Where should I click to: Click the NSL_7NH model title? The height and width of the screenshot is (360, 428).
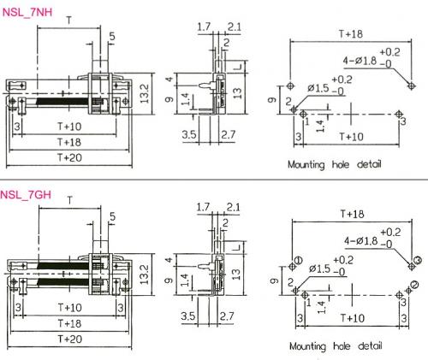click(27, 13)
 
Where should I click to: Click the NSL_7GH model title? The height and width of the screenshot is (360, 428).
click(26, 195)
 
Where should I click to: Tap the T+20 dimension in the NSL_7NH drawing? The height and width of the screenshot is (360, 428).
click(69, 157)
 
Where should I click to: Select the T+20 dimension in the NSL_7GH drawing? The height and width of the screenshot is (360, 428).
click(70, 339)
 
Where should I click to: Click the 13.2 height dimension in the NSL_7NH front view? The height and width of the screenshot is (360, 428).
click(146, 93)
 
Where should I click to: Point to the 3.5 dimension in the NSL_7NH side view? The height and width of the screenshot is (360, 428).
click(189, 134)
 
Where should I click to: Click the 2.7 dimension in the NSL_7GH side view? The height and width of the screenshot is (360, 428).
click(227, 316)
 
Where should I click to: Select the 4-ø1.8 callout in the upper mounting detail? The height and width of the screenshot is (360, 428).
click(360, 61)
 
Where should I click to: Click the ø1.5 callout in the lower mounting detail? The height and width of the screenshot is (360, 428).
click(320, 269)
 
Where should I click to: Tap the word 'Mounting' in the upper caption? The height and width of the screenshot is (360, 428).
click(306, 165)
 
